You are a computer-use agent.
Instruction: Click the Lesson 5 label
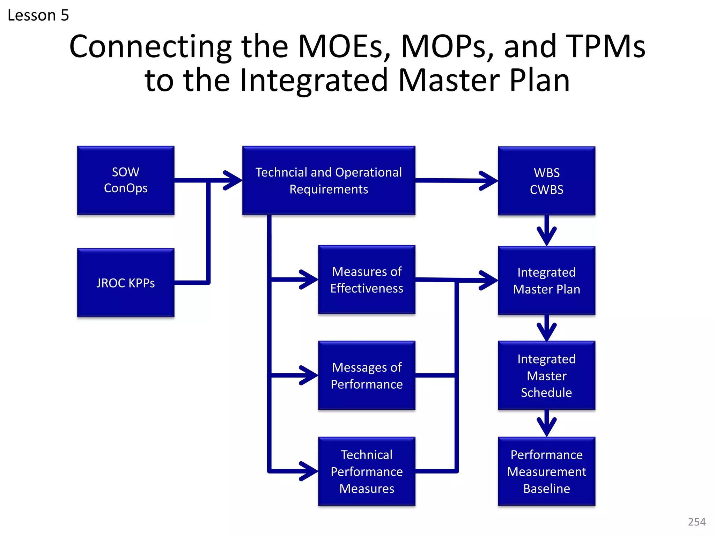point(38,15)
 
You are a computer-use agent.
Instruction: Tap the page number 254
point(696,522)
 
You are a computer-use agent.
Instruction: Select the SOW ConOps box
point(126,180)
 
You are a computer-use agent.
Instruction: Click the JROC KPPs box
point(126,283)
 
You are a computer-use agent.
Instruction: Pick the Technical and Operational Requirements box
point(329,180)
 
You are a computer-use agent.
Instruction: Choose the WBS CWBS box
point(546,181)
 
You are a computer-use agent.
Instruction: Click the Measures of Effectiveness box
point(367,280)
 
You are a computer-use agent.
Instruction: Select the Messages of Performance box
point(367,375)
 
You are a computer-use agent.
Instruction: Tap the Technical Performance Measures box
point(367,471)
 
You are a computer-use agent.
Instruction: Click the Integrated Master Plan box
point(546,281)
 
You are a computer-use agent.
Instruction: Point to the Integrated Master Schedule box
point(546,375)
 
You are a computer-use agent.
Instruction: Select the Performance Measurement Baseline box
point(546,471)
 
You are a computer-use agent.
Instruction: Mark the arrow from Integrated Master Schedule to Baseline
point(546,423)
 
